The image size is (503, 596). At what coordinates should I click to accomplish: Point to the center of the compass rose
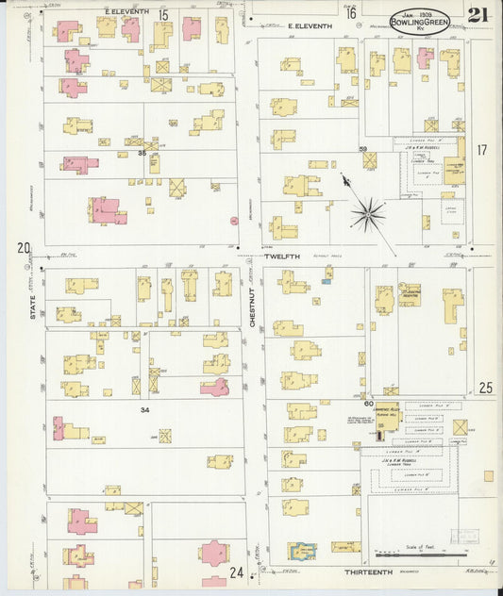point(368,213)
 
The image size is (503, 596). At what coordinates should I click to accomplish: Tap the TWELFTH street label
point(281,256)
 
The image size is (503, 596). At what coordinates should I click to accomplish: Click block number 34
point(144,409)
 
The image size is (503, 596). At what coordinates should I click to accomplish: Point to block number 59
point(361,149)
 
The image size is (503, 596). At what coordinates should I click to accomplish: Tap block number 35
point(143,152)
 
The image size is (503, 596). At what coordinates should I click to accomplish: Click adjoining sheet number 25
point(485,387)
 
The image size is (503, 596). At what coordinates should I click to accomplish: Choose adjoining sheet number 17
point(481,150)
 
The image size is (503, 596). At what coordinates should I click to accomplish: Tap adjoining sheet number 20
point(24,248)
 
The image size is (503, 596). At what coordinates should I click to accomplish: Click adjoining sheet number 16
point(350,13)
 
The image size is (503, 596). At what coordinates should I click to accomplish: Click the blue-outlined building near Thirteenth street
point(302,549)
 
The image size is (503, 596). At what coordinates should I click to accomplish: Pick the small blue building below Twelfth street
point(327,280)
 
